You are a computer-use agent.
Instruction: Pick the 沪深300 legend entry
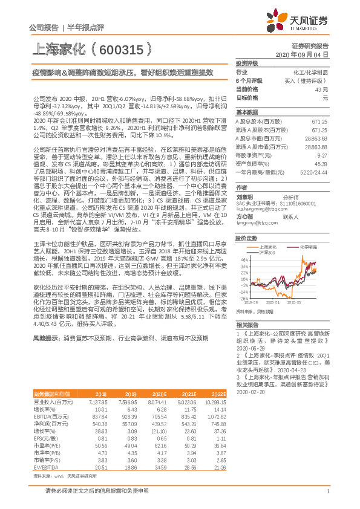pyautogui.click(x=267, y=253)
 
